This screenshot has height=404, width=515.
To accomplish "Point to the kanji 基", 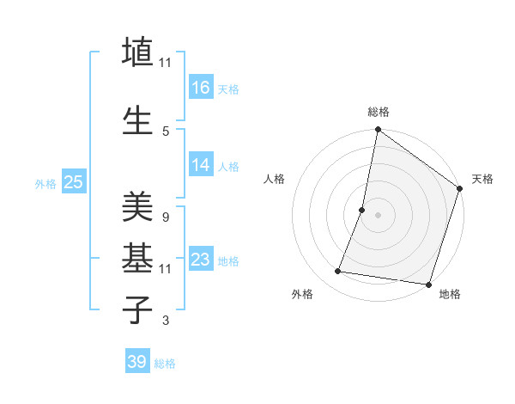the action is [x=137, y=256].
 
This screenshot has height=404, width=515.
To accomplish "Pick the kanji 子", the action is [x=137, y=309].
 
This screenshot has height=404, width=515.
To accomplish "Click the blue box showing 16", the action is [x=200, y=87].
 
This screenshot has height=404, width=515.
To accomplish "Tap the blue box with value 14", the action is [x=200, y=165].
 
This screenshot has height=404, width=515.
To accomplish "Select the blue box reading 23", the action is [x=200, y=260].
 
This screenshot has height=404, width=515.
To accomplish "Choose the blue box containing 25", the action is [x=73, y=181].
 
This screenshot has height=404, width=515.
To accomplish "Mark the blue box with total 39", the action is [x=136, y=362].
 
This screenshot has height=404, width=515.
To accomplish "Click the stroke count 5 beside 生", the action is [x=166, y=131].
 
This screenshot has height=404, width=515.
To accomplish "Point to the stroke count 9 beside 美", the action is [x=165, y=217].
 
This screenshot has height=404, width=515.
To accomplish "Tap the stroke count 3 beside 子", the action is [x=165, y=321].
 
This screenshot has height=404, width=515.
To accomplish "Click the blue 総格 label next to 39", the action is [x=166, y=364].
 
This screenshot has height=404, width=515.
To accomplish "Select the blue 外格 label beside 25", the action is [x=45, y=183].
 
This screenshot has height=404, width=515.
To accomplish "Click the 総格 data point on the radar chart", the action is [x=378, y=131].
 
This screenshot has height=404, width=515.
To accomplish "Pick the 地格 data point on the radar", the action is [x=428, y=285].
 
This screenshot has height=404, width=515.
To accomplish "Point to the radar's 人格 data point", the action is [x=362, y=210].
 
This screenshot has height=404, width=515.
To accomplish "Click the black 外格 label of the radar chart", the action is [x=302, y=295].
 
